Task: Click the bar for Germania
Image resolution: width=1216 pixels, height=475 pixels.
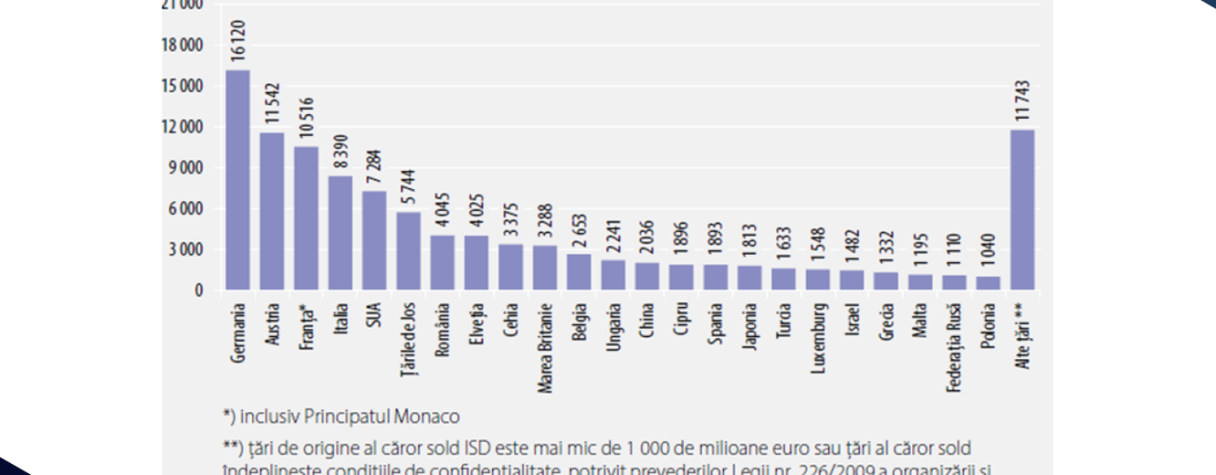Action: (237, 180)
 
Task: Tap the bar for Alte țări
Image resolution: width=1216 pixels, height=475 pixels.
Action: (1022, 210)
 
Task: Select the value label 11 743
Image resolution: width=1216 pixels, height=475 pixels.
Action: (1022, 100)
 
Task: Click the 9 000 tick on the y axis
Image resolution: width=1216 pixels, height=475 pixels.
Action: (186, 168)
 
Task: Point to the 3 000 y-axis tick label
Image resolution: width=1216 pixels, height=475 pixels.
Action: (186, 250)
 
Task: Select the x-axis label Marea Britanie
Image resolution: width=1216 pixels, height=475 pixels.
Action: (545, 337)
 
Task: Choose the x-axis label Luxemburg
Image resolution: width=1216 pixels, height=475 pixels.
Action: (818, 336)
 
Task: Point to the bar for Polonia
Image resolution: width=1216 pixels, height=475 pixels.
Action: (988, 283)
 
